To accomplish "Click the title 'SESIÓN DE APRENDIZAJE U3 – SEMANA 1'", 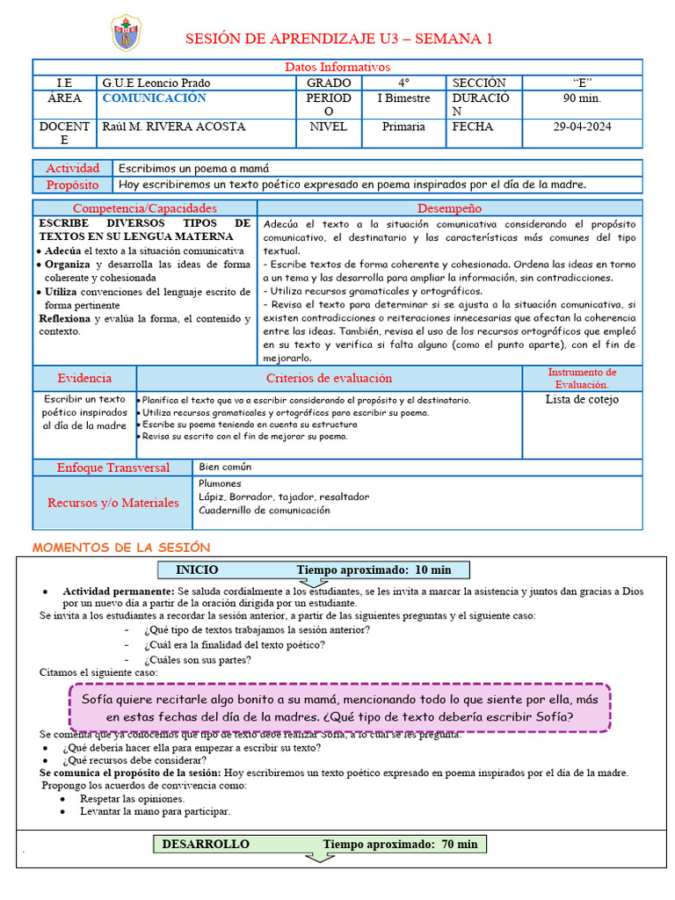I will (338, 39).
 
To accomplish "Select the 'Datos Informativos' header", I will (337, 68).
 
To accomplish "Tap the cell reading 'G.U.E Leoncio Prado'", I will (156, 83).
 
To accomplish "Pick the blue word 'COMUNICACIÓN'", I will (154, 98).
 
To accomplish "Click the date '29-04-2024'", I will (581, 127).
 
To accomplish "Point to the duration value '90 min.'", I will (582, 98).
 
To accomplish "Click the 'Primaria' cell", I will (403, 127).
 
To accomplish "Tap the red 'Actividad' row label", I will (73, 168).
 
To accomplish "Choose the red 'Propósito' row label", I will (73, 185).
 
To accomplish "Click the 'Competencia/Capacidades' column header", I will (144, 208).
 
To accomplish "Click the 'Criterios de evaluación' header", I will (329, 378).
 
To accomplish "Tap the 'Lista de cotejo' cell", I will (582, 399).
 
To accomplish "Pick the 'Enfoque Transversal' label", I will (112, 468).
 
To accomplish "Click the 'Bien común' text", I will (225, 467).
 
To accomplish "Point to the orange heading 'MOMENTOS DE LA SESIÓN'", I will (121, 547).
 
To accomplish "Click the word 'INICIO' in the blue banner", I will (197, 570).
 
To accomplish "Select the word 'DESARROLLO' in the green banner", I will (206, 844).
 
